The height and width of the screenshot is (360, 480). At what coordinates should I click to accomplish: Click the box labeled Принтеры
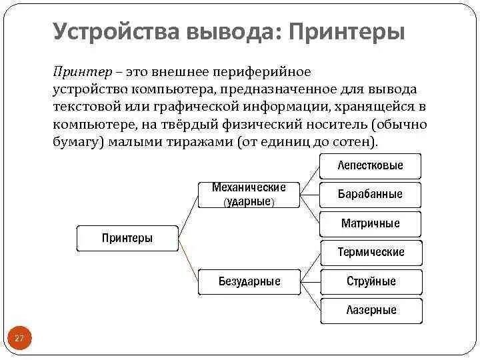tap(127, 238)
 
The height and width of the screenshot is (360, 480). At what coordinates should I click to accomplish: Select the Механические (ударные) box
tap(249, 194)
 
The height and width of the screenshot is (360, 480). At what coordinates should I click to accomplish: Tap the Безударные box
tap(249, 281)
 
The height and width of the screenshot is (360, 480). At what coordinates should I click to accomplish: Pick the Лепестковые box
tap(371, 165)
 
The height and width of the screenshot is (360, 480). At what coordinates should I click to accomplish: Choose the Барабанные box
tap(371, 195)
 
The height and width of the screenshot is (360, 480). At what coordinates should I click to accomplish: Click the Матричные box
tap(371, 223)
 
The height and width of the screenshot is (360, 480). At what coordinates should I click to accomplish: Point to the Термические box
tap(371, 253)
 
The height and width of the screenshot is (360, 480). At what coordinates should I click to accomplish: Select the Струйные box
tap(371, 281)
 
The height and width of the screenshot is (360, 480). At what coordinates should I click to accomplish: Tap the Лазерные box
tap(371, 310)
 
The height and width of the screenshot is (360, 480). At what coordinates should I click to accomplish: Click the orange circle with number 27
tap(19, 339)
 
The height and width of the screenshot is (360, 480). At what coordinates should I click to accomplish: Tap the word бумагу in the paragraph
tap(74, 143)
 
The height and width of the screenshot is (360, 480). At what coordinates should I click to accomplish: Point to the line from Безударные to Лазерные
tap(310, 297)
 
